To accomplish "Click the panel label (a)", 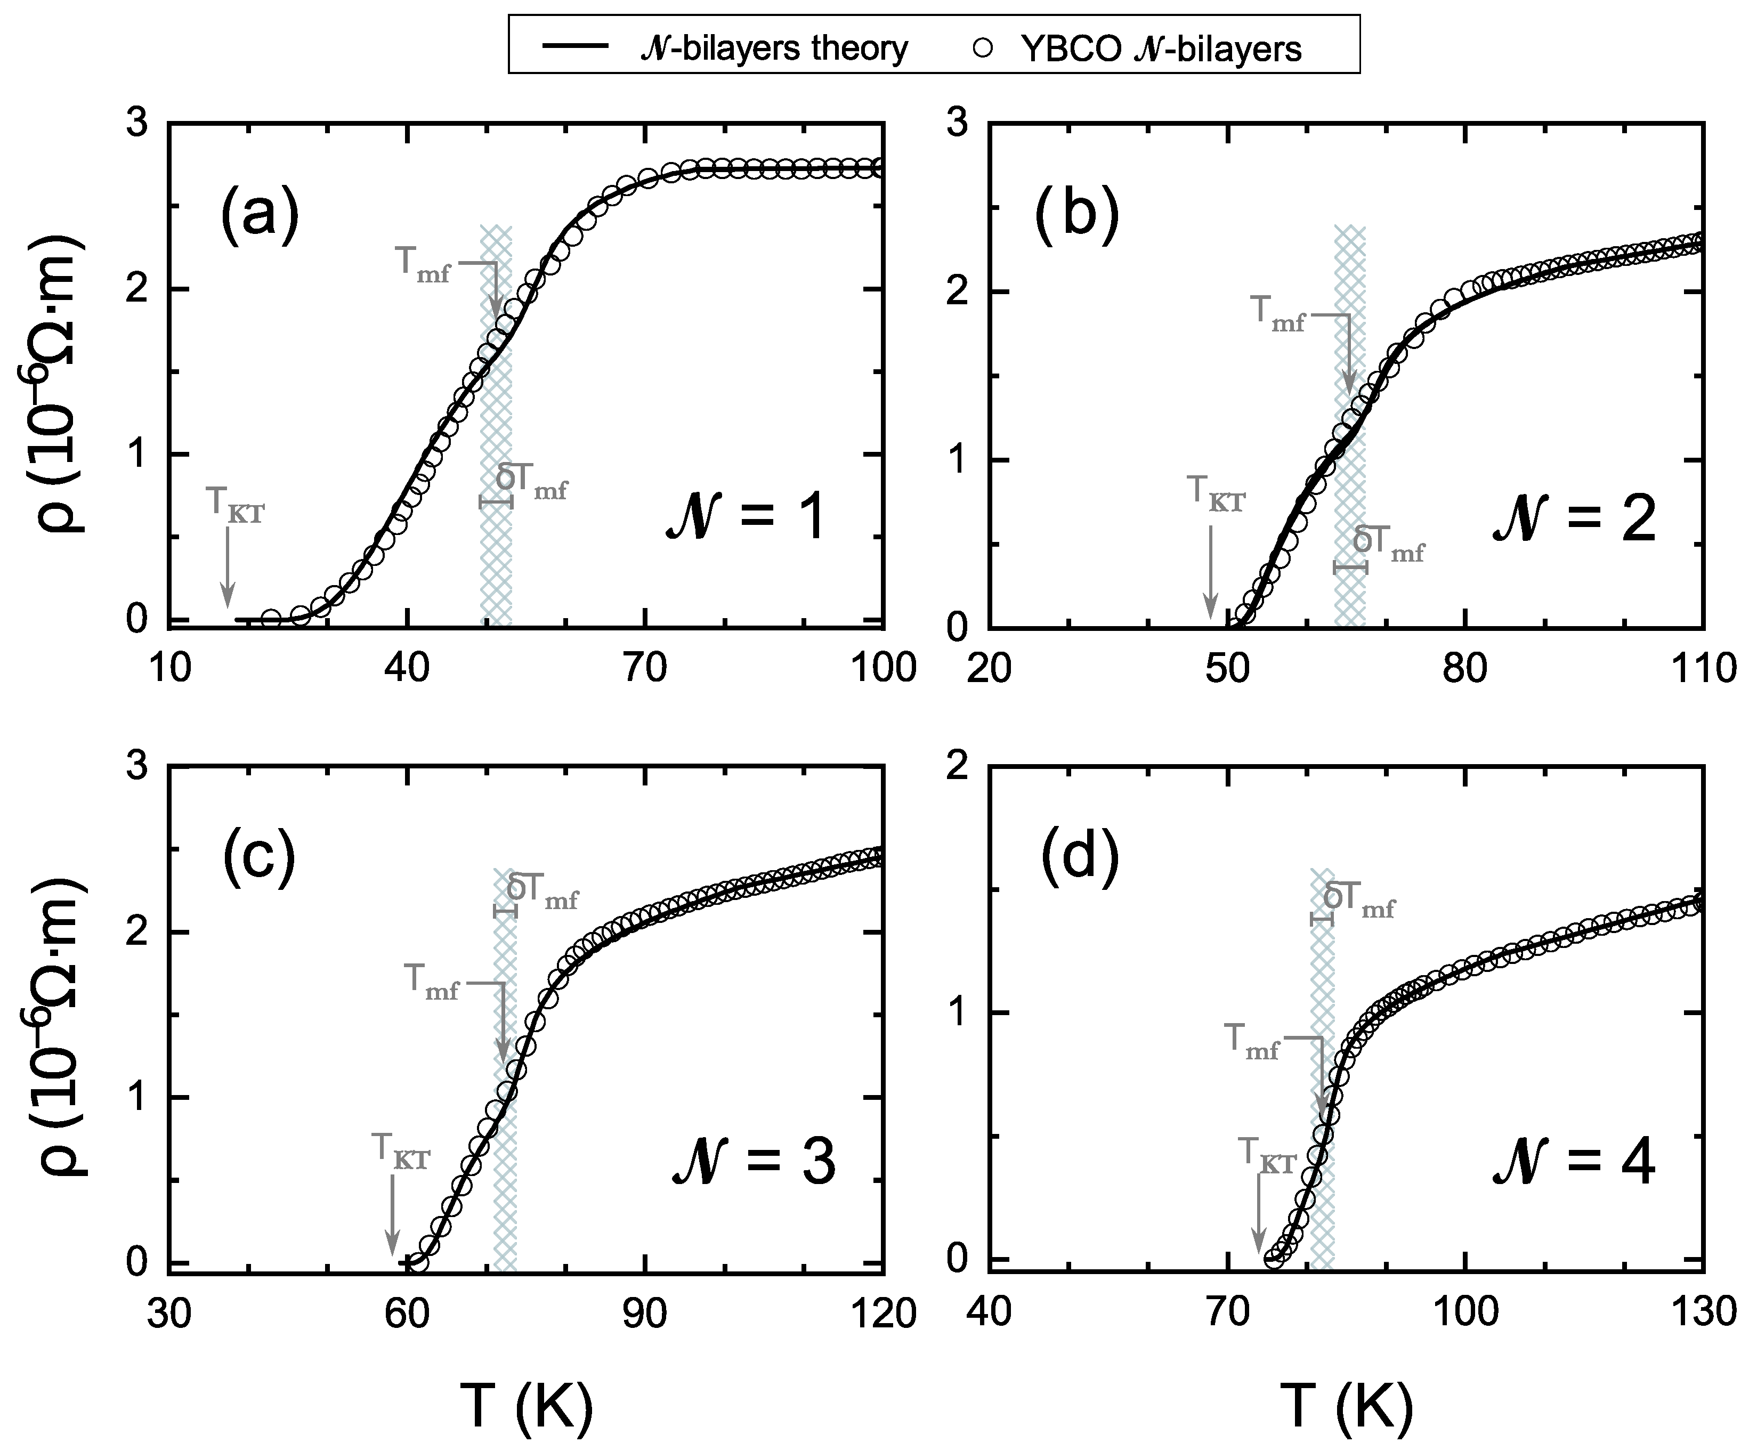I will coord(259,216).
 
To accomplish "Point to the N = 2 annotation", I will coord(1573,522).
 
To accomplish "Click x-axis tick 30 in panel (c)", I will coord(169,1314).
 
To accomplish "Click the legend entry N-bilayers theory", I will coord(726,48).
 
